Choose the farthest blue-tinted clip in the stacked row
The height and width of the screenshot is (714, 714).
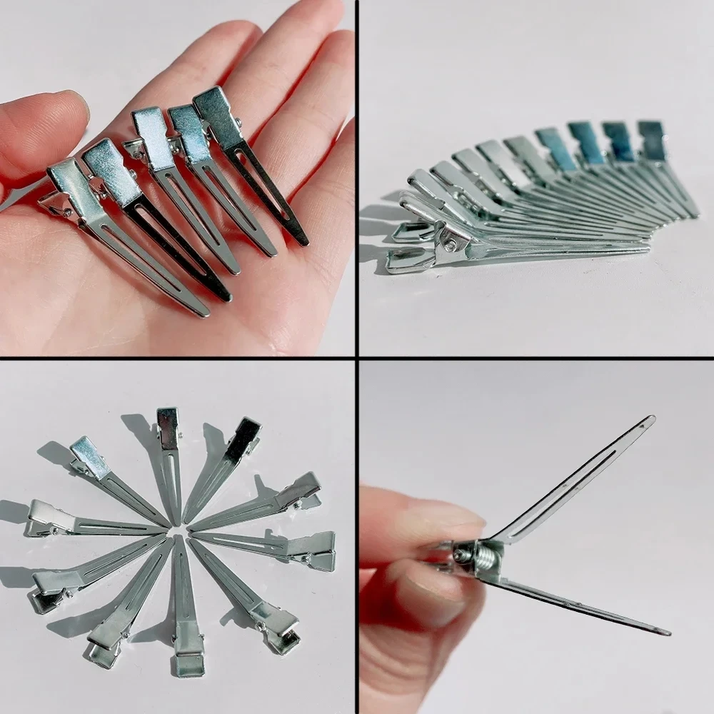(x=651, y=139)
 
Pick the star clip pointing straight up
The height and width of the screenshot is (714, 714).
(x=169, y=457)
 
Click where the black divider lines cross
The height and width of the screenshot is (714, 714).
(x=357, y=357)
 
